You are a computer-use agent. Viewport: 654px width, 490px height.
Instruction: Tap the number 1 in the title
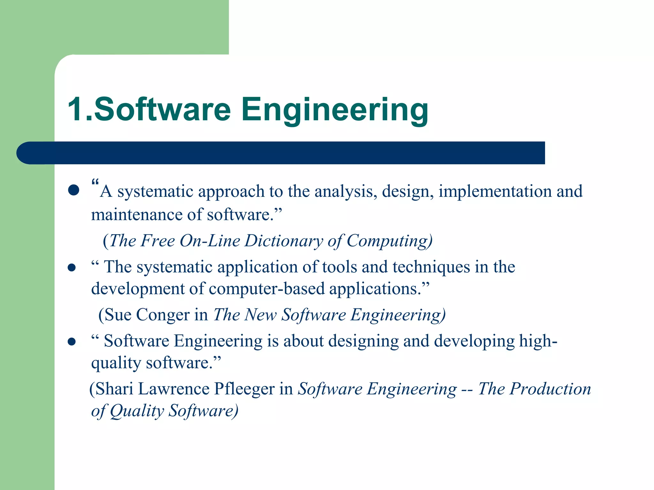[76, 109]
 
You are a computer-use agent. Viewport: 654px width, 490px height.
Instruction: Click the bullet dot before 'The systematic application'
[72, 267]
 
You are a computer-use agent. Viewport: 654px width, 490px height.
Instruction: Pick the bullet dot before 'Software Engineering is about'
[72, 342]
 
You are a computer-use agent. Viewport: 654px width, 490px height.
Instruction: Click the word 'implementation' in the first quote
[495, 191]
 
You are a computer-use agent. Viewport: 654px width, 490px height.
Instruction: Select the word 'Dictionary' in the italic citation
[284, 241]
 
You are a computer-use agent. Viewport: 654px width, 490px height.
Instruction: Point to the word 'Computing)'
[390, 241]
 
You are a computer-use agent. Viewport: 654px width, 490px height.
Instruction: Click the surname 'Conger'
[163, 315]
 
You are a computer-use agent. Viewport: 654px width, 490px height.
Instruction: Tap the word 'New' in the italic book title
[259, 315]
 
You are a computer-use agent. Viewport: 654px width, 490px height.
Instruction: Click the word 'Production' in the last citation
[550, 389]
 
